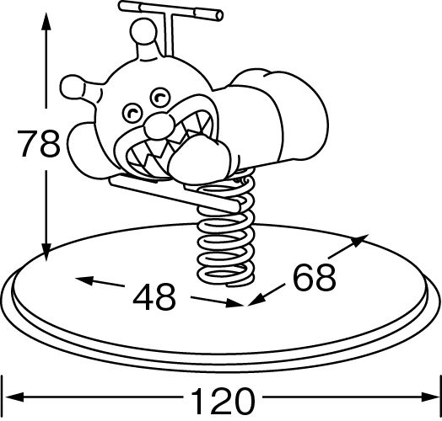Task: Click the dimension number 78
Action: click(38, 143)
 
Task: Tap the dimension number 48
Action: click(154, 297)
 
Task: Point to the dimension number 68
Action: click(315, 277)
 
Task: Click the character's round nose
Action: click(159, 125)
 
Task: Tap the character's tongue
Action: click(199, 159)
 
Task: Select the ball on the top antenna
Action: click(143, 30)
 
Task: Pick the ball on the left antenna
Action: click(73, 88)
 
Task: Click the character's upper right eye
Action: click(160, 98)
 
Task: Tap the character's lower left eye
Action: click(132, 113)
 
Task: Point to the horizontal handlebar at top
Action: click(171, 10)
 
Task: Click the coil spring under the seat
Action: click(226, 228)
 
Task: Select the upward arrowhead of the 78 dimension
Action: click(46, 21)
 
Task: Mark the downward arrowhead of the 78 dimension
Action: click(46, 252)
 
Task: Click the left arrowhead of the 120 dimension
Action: click(14, 397)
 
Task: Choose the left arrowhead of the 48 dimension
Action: click(84, 280)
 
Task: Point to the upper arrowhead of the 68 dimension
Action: click(359, 240)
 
